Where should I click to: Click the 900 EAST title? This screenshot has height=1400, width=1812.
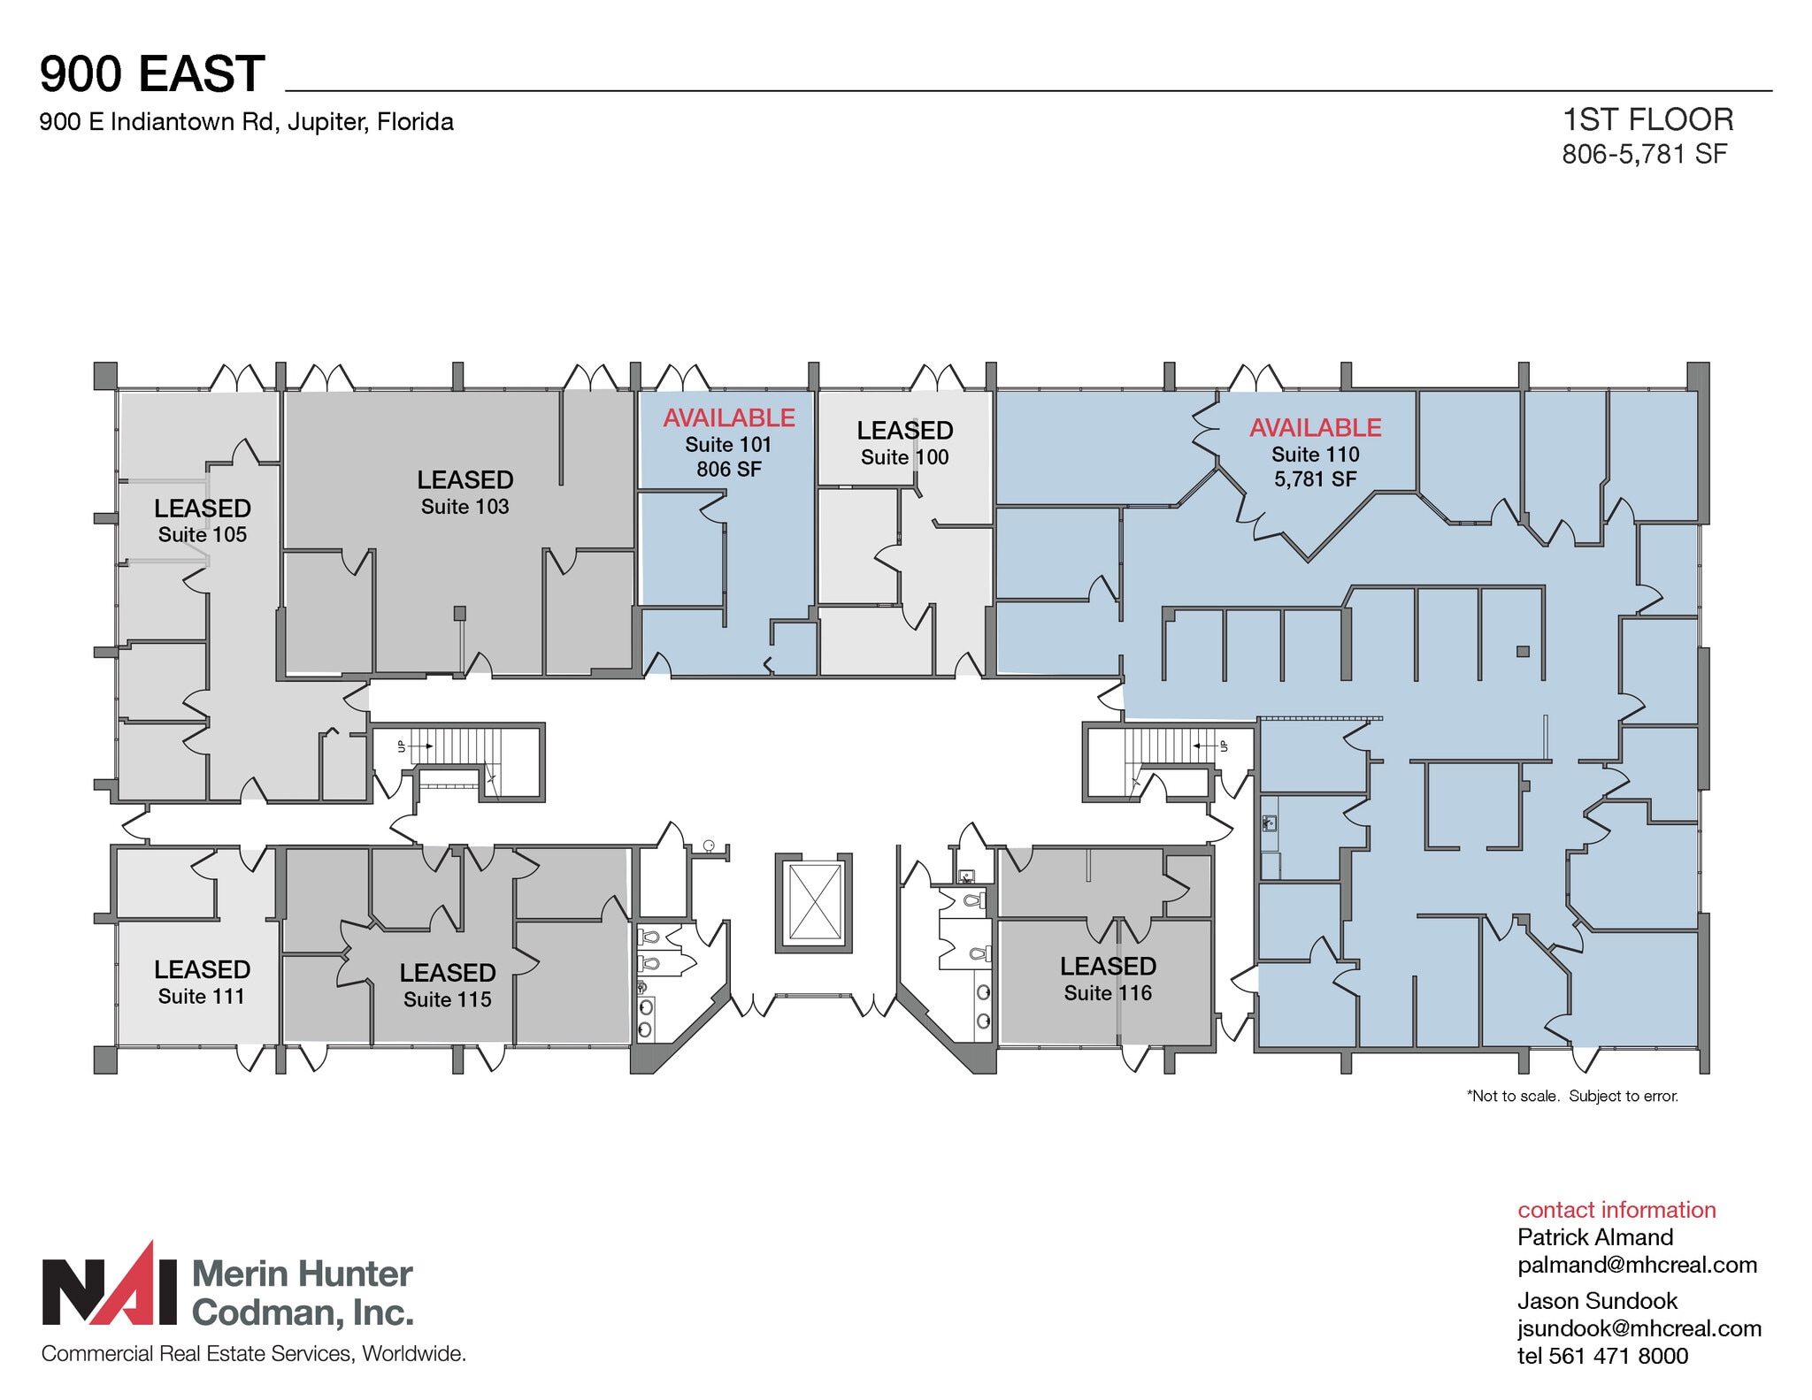point(152,73)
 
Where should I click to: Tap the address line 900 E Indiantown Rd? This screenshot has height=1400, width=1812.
point(246,122)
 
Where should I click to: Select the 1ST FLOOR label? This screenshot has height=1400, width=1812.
point(1647,119)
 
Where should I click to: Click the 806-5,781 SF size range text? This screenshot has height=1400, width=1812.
point(1644,154)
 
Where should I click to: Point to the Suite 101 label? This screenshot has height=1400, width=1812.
point(728,444)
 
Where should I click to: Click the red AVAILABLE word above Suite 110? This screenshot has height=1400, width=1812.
point(1315,428)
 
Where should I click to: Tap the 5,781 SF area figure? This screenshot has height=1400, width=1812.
point(1315,479)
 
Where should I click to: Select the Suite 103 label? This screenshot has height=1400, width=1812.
point(465,507)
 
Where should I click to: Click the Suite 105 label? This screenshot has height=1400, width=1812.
point(202,534)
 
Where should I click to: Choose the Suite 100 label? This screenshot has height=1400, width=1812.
point(904,457)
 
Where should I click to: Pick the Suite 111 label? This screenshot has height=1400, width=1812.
point(201,996)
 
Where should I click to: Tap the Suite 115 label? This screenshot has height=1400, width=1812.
point(447,999)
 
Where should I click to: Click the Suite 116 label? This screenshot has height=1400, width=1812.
point(1108,993)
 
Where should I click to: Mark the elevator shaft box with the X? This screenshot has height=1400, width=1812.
point(814,902)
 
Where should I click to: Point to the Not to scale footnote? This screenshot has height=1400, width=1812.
point(1572,1096)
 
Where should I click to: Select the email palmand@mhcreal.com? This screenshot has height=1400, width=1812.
point(1637,1265)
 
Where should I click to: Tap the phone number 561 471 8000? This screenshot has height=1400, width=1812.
point(1618,1356)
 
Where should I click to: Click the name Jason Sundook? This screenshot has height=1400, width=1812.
point(1597,1301)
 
